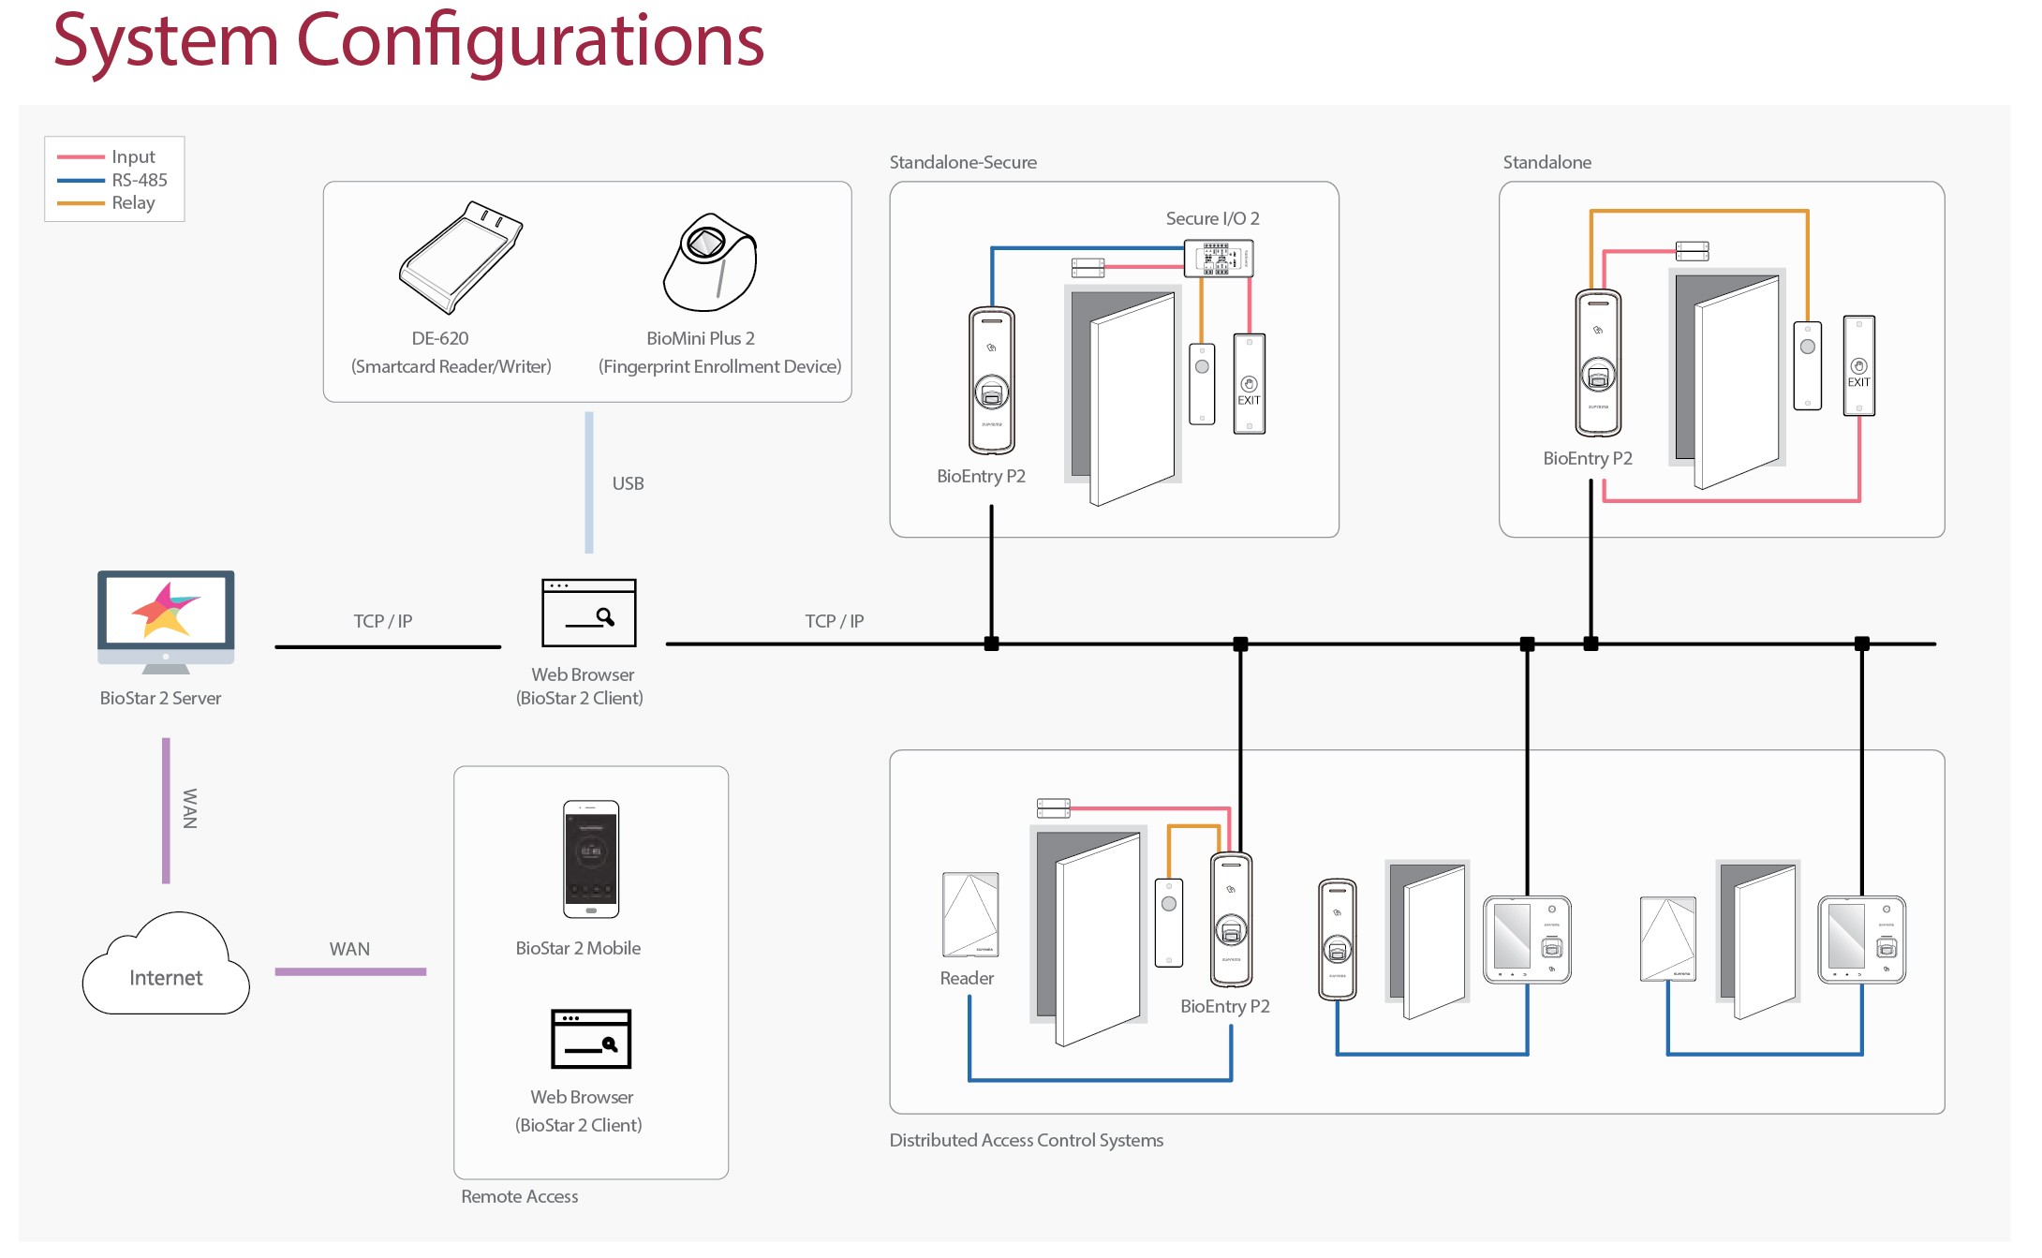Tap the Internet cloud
(x=166, y=969)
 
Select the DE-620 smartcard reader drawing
(x=459, y=257)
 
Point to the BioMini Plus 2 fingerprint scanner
(x=709, y=262)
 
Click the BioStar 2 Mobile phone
(x=590, y=859)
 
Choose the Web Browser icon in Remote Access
(x=590, y=1039)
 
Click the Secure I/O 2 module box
(x=1218, y=258)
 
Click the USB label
(x=628, y=483)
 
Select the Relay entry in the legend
(x=133, y=202)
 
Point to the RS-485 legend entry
(x=139, y=180)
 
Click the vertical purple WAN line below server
(x=166, y=810)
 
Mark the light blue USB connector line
(x=589, y=482)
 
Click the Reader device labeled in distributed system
(x=969, y=914)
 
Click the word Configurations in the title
(x=530, y=41)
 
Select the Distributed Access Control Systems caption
(x=1026, y=1140)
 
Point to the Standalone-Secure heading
(x=962, y=162)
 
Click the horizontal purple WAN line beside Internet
(x=350, y=971)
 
